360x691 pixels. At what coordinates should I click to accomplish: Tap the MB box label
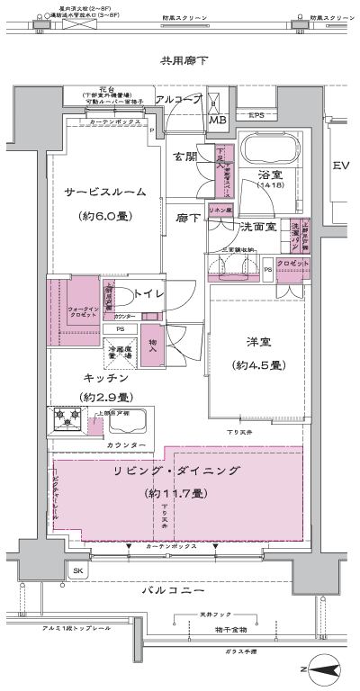[218, 119]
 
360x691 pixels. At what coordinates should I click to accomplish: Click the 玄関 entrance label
[184, 157]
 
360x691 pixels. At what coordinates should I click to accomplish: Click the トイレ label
[147, 293]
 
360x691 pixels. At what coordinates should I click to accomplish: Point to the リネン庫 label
[220, 211]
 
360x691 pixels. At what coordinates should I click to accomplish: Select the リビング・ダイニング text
[170, 470]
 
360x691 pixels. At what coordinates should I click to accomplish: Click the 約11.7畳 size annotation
[175, 493]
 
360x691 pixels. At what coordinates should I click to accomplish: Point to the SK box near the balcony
[77, 570]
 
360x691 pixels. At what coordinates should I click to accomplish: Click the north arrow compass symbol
[320, 668]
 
